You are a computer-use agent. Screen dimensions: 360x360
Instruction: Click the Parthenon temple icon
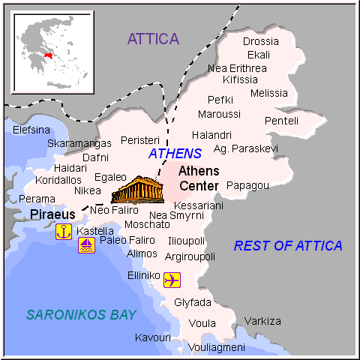(x=136, y=190)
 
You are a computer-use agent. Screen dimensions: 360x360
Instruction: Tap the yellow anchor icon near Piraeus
(x=63, y=231)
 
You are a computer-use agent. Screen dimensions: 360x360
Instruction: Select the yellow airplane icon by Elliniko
(x=172, y=280)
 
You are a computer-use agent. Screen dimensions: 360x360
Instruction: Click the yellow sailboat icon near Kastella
(x=87, y=245)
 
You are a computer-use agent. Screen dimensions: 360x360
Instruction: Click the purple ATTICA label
(x=153, y=39)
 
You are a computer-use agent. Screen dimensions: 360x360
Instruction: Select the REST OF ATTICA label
(x=288, y=245)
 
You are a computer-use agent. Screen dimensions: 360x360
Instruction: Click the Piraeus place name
(x=52, y=214)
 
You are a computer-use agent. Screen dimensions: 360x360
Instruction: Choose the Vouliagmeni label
(x=216, y=347)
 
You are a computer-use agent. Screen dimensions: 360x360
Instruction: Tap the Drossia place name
(x=261, y=41)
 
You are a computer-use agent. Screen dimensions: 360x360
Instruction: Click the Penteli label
(x=281, y=121)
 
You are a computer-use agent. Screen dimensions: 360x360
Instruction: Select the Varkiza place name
(x=262, y=321)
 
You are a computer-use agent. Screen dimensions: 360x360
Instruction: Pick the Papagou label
(x=247, y=185)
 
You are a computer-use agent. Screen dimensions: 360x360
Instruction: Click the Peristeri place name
(x=140, y=140)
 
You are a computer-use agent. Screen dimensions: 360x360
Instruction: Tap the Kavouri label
(x=152, y=337)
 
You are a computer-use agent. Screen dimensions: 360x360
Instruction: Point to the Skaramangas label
(x=73, y=143)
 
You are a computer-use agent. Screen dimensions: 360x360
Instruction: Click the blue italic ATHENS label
(x=175, y=153)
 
